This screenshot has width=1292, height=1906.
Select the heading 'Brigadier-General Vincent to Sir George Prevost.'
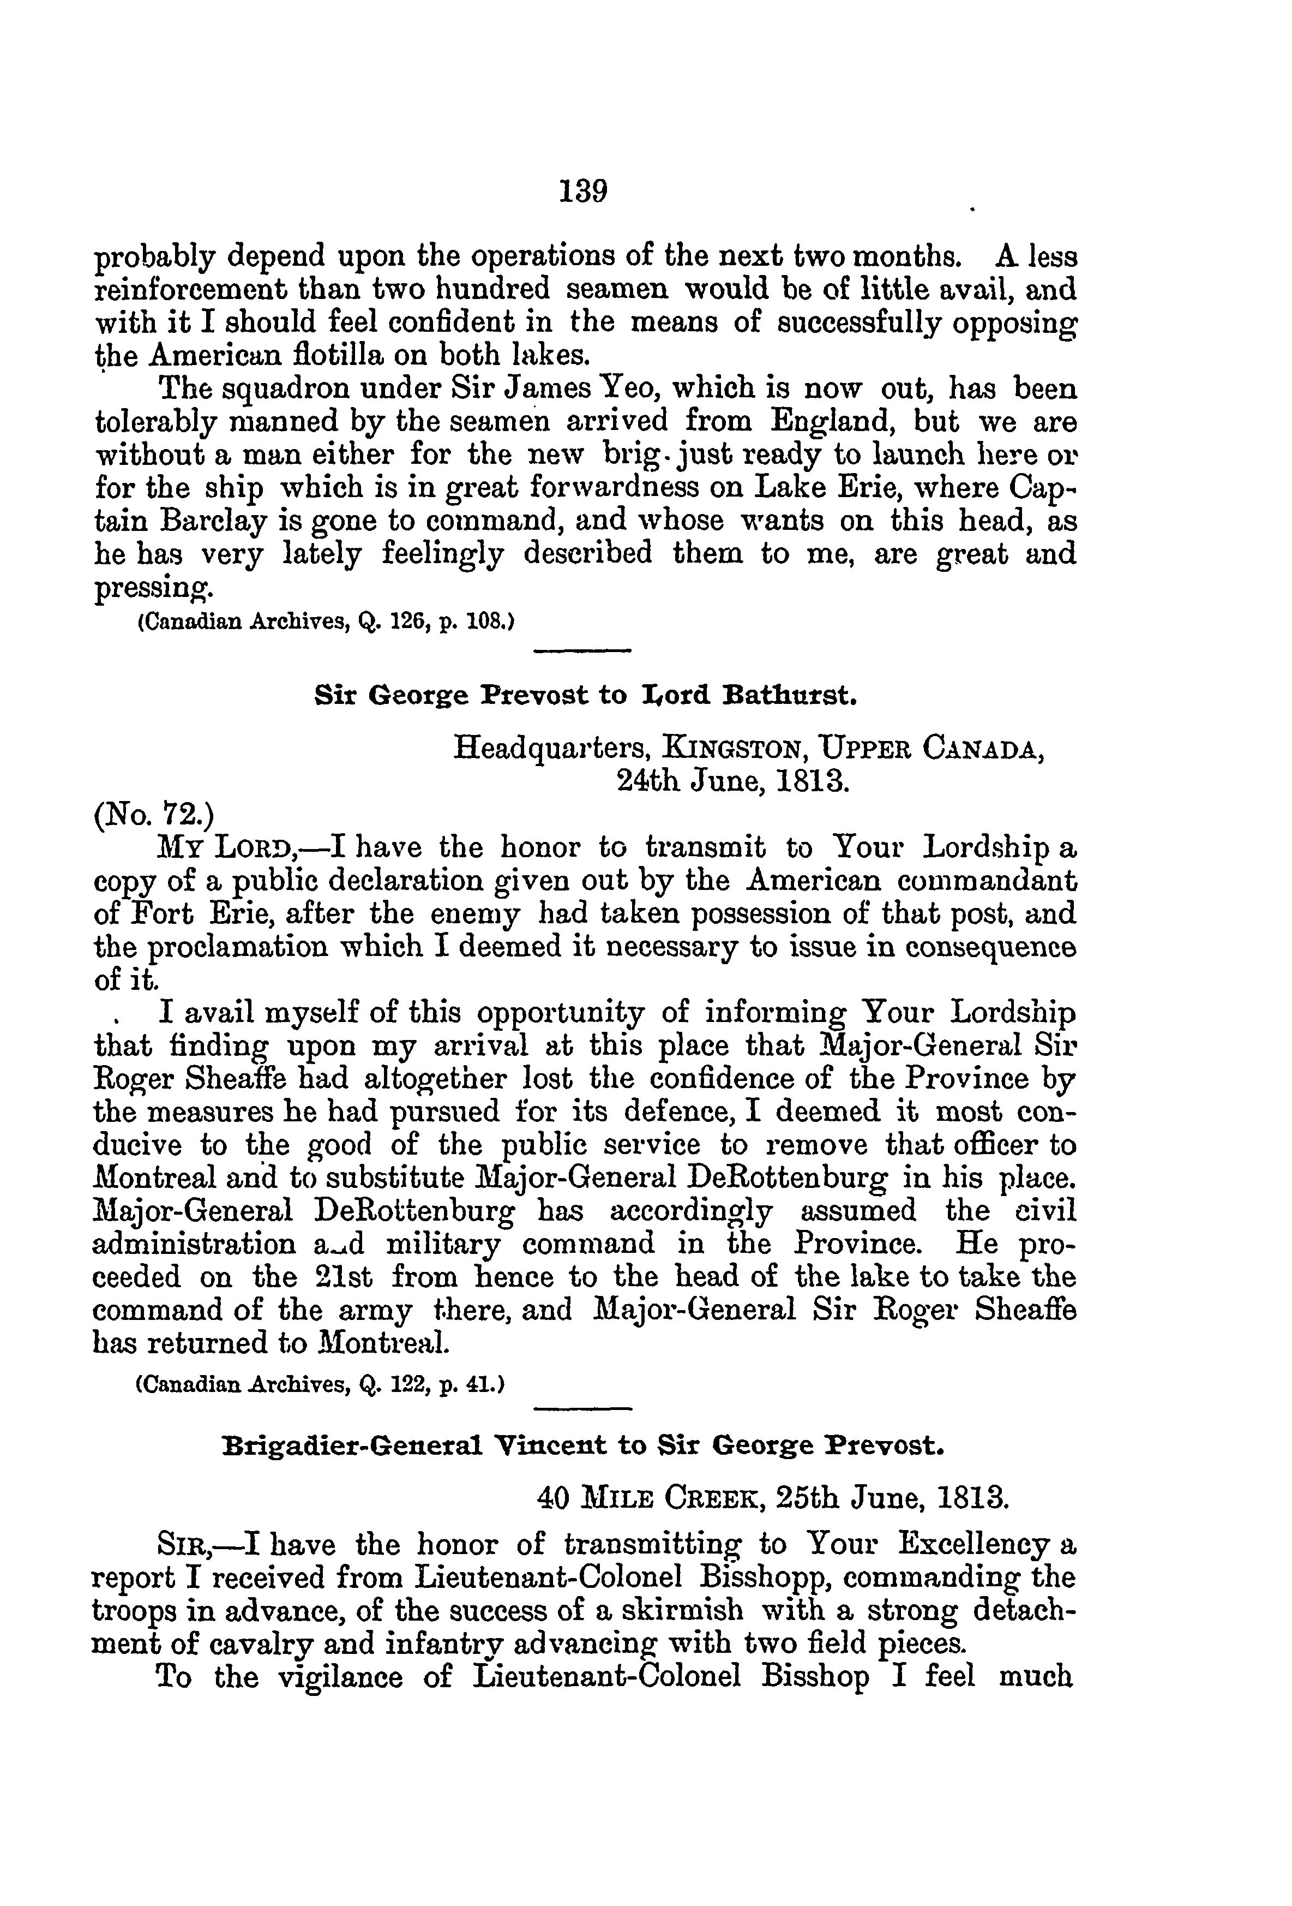point(583,1444)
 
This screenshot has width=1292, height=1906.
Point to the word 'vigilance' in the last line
point(340,1676)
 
